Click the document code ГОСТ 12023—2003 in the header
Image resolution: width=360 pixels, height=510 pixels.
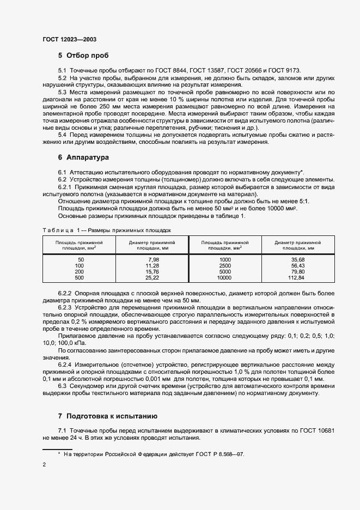pos(70,40)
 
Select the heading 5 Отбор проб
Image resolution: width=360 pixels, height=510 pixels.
pos(83,56)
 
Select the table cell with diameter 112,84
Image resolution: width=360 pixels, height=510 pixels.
pos(297,278)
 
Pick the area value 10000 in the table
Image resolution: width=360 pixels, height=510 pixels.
pos(224,278)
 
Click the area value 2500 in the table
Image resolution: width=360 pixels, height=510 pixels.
pos(224,266)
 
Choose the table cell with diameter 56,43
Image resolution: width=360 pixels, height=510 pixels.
pos(297,266)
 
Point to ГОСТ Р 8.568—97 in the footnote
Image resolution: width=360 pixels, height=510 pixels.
pos(218,453)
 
